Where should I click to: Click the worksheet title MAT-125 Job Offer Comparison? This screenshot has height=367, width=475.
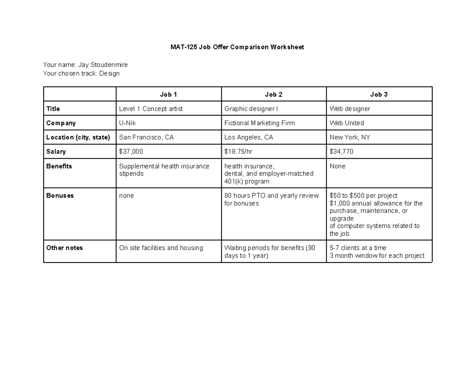pos(237,47)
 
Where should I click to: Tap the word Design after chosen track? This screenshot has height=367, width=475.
pos(109,73)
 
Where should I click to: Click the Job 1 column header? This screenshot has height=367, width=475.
pos(168,94)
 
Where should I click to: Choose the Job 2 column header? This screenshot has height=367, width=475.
pos(274,94)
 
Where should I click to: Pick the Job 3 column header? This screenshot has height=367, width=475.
pos(379,94)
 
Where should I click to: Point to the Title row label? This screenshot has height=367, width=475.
pos(53,108)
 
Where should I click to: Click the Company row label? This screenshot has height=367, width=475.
pos(61,123)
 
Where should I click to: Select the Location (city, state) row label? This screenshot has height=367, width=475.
pos(78,137)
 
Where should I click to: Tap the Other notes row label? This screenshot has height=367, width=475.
pos(65,248)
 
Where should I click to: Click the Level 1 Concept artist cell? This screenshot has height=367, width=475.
pos(151,108)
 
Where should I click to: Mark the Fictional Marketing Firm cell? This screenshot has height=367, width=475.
pos(259,123)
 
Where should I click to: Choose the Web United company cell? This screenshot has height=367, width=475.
pos(347,123)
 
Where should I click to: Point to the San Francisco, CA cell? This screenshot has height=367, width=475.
pos(146,137)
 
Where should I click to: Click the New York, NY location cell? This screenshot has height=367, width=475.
pos(350,137)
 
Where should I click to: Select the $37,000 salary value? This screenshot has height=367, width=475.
pos(131,152)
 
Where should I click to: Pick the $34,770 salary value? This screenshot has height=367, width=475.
pos(341,152)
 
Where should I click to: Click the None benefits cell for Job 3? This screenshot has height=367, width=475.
pos(337,166)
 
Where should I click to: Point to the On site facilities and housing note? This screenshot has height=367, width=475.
pos(161,248)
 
